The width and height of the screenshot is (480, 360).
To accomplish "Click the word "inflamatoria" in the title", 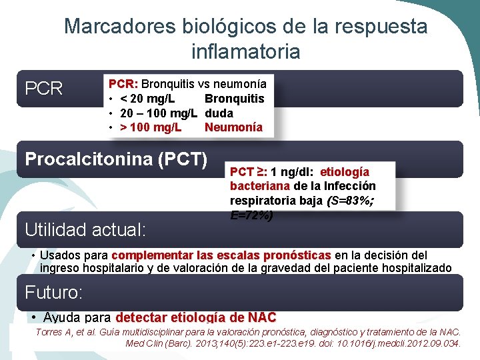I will [x=245, y=51].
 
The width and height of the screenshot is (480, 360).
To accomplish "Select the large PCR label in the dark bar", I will [x=43, y=89].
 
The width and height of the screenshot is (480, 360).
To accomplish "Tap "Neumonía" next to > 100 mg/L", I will [x=233, y=127].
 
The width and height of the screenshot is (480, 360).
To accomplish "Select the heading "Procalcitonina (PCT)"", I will [x=116, y=159].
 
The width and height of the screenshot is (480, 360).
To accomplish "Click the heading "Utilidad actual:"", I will [x=85, y=230].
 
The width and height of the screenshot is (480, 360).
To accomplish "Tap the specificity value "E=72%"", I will [x=251, y=215].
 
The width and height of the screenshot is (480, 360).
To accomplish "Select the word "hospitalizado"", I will [x=415, y=268].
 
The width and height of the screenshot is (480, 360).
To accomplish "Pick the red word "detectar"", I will [x=142, y=317].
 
